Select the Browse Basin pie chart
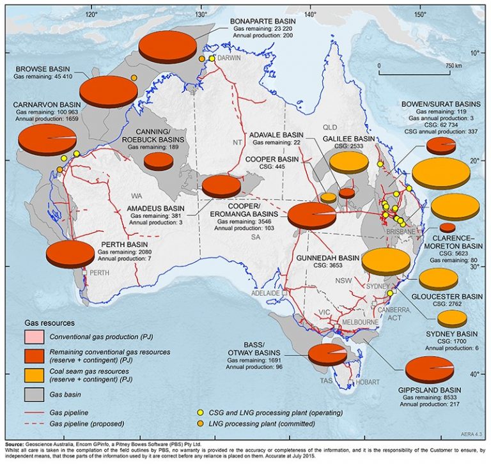click(x=109, y=92)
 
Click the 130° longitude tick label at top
click(x=200, y=13)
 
